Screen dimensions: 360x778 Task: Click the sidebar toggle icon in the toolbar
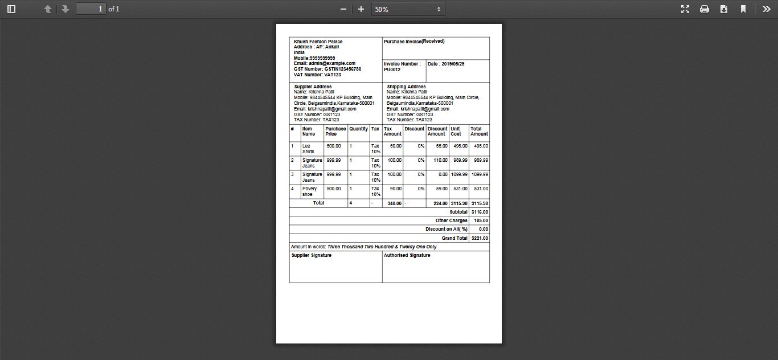(x=11, y=9)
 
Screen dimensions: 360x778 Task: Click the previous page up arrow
(x=48, y=9)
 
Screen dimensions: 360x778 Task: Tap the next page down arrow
(x=65, y=9)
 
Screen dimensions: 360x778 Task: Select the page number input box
(x=91, y=9)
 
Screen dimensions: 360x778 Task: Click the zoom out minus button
(x=343, y=9)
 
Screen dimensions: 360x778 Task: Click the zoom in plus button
(x=361, y=9)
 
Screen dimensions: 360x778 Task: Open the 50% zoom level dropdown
(x=408, y=9)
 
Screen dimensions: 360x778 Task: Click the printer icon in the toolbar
(x=705, y=9)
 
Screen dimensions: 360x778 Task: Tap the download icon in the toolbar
(x=724, y=9)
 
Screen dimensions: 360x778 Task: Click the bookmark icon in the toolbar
(x=743, y=9)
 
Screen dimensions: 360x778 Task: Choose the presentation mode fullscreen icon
(x=685, y=9)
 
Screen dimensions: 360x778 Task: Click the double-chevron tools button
(x=767, y=9)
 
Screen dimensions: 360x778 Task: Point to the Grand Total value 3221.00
(x=480, y=238)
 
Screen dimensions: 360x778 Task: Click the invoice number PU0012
(x=392, y=69)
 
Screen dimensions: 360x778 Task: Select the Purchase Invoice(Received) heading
(x=413, y=42)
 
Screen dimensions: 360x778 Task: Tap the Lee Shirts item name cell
(x=308, y=149)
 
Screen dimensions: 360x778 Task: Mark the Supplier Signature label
(x=312, y=255)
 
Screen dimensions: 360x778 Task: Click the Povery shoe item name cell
(x=309, y=191)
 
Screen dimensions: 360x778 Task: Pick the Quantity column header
(x=358, y=129)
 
